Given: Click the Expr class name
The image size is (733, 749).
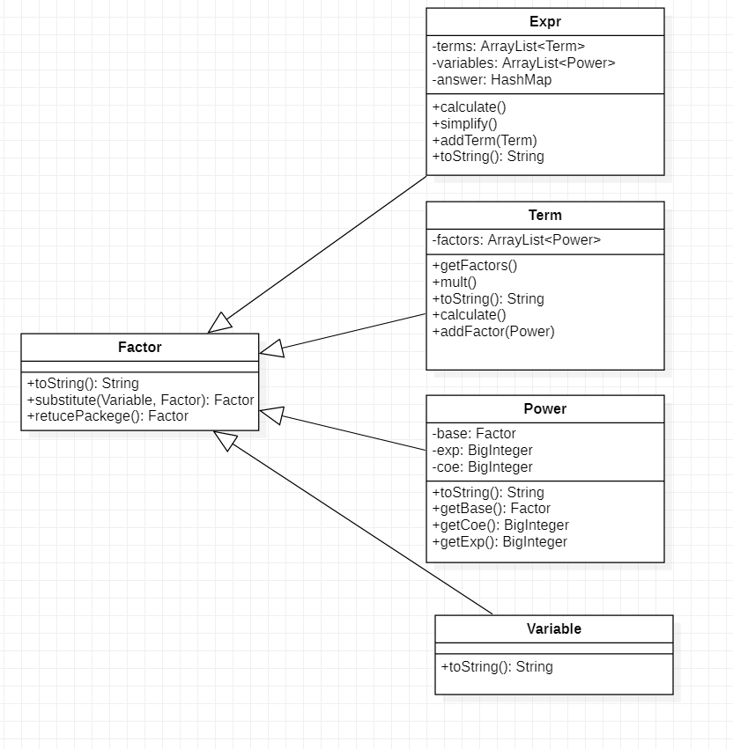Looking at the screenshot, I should (544, 22).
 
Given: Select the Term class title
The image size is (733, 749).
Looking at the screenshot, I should (544, 216).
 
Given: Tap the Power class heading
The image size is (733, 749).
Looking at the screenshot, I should (544, 409).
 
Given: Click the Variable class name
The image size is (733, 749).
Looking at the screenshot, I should (553, 629).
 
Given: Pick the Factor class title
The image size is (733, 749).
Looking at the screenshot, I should (139, 348).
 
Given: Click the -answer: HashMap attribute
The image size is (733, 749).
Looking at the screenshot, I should (492, 80).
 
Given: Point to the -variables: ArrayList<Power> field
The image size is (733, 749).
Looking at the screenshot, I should (523, 63).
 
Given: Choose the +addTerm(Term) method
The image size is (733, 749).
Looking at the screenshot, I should (484, 141).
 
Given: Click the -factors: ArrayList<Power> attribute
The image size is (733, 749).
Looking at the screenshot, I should (516, 240).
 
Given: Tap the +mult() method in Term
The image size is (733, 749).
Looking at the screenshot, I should (454, 283).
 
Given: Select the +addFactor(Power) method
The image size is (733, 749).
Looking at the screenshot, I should (492, 332).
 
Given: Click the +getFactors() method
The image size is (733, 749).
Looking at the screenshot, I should (474, 266).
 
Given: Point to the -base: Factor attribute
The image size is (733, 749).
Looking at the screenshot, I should (474, 434).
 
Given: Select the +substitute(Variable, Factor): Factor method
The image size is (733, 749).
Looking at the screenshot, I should (140, 400).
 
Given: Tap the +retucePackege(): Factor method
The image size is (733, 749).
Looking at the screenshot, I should (107, 416).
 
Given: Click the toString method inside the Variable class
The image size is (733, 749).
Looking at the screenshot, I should (497, 667).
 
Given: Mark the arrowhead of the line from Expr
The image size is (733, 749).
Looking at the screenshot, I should (220, 323).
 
